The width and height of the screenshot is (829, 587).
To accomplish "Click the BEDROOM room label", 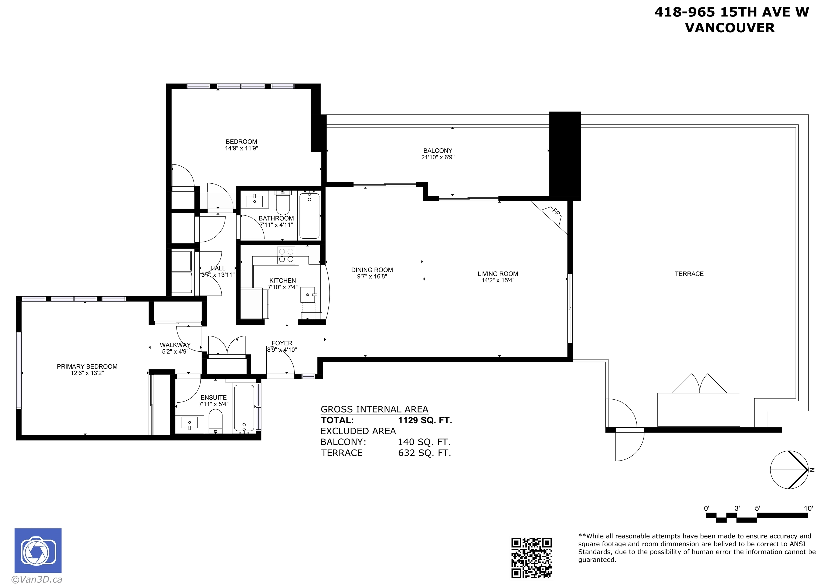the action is (241, 142).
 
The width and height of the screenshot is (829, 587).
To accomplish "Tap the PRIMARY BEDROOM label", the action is (87, 366).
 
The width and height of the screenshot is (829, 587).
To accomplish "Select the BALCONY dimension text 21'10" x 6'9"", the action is (438, 157).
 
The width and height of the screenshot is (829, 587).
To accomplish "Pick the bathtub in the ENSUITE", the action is (244, 408).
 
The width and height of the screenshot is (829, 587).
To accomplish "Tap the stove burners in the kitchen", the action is (286, 255).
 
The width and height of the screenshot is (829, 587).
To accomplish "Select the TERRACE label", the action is (689, 274).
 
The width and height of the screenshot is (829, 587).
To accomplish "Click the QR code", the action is (531, 557).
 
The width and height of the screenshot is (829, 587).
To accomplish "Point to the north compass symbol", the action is (790, 470).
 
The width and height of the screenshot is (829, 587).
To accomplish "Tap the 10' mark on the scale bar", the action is (808, 508).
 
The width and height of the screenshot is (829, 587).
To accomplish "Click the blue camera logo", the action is (38, 551).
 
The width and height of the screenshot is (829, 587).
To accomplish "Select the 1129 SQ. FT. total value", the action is (425, 420).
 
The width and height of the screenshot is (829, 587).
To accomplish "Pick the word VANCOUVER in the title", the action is (730, 28).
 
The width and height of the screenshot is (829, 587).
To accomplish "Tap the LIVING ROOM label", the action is (498, 274).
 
